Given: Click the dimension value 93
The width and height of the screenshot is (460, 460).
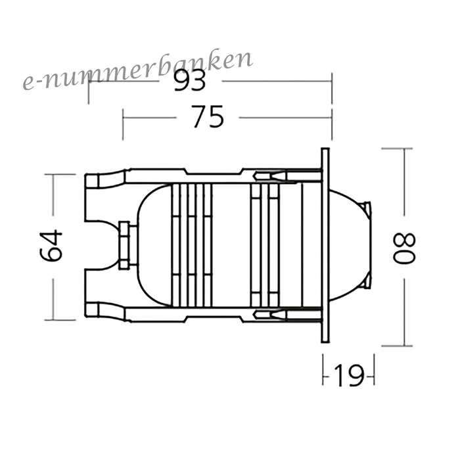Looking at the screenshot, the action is (x=190, y=81).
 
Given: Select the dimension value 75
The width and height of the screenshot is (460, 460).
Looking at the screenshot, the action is (x=208, y=117).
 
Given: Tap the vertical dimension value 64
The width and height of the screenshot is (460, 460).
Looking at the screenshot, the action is (x=51, y=246).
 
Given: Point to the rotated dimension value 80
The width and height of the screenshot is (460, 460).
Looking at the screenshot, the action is (x=404, y=248).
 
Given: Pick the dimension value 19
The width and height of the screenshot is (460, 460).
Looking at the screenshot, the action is (x=349, y=375).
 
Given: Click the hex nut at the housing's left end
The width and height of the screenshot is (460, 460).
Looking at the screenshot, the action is (x=124, y=246).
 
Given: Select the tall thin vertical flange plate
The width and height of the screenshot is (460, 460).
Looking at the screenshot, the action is (x=325, y=245).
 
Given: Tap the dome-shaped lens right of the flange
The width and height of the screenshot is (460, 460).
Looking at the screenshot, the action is (x=350, y=245).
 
